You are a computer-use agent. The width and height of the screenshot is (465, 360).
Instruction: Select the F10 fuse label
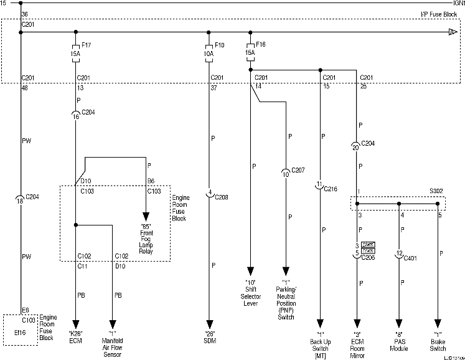point(219,45)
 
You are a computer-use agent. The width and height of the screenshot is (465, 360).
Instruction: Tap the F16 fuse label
point(260,45)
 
